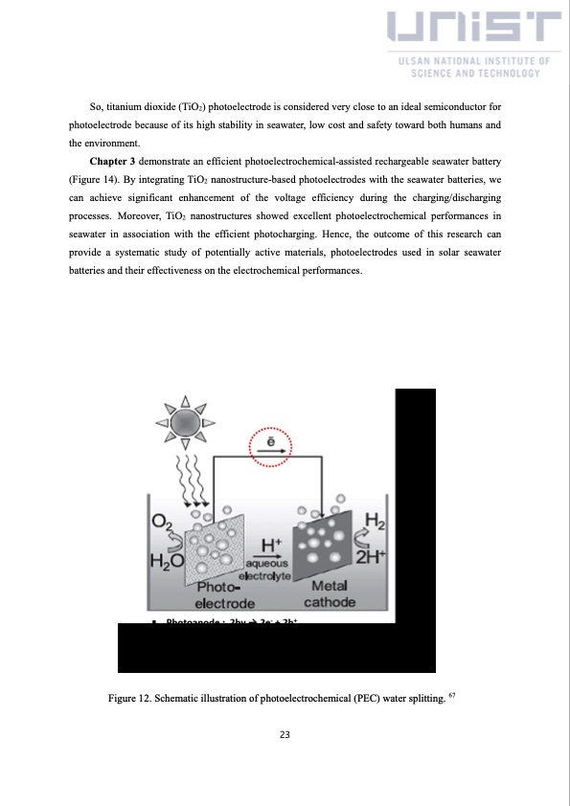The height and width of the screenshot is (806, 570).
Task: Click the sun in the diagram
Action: [x=184, y=420]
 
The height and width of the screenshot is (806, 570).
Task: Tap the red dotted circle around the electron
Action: [x=272, y=446]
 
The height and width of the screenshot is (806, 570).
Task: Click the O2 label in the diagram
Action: [x=163, y=524]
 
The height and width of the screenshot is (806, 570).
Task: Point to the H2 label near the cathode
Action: [x=376, y=523]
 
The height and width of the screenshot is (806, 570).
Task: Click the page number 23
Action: [x=285, y=735]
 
